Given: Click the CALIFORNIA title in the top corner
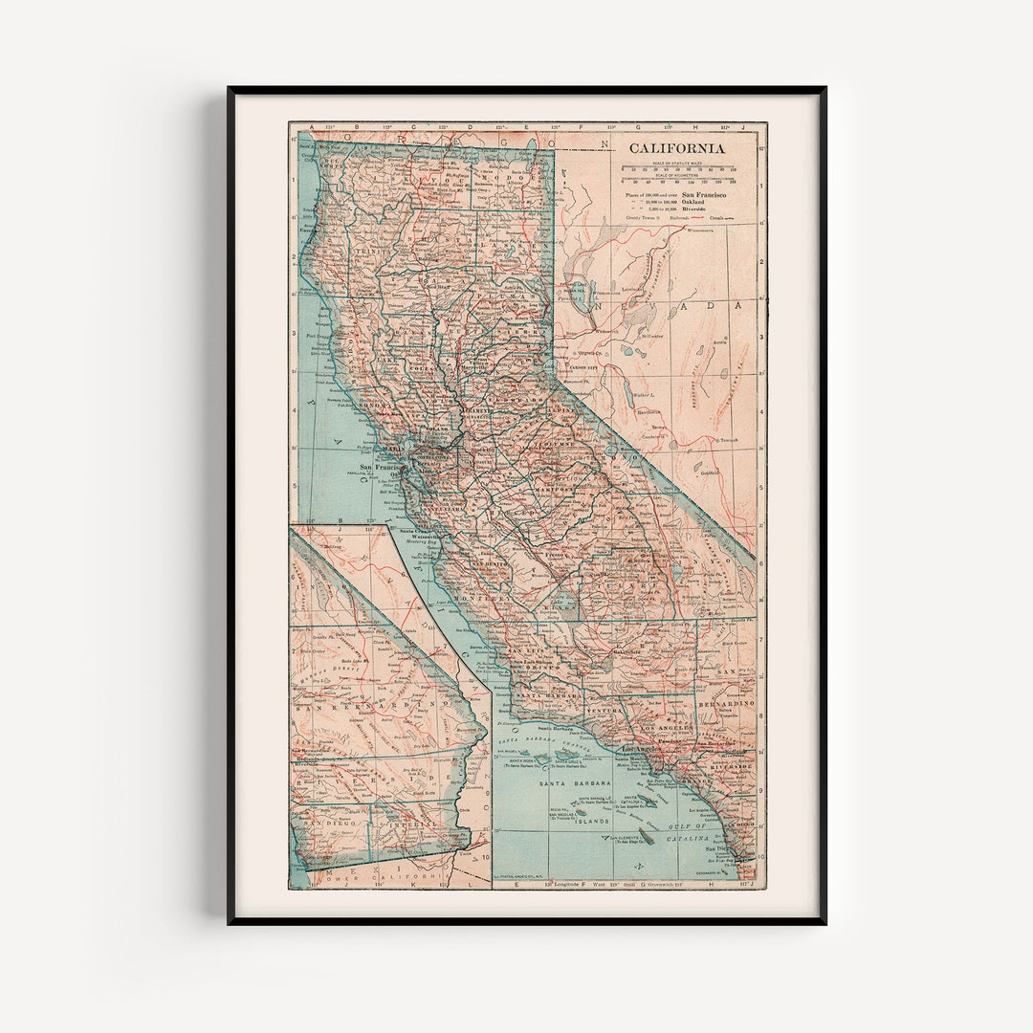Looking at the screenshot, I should point(676,148).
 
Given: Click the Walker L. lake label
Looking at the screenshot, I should point(644,394).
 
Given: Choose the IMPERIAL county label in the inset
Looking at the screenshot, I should point(412,824).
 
